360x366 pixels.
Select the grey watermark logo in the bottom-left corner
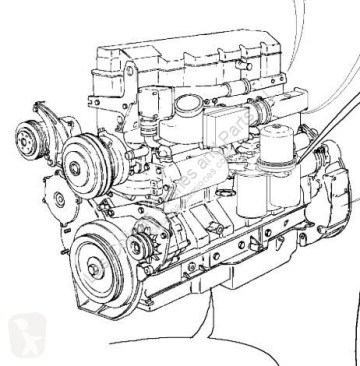pos(24,334)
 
